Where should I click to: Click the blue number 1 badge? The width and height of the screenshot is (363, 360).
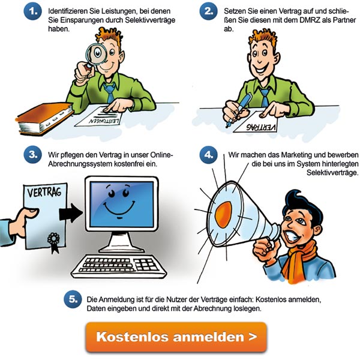click(x=32, y=11)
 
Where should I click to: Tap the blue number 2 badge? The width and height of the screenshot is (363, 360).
click(x=209, y=11)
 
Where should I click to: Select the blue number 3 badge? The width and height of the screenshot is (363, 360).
click(x=32, y=154)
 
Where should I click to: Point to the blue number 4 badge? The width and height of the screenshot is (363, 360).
click(x=209, y=154)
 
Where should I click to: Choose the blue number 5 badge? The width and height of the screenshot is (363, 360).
click(x=73, y=299)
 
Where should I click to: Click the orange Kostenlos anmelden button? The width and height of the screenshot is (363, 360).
click(x=176, y=337)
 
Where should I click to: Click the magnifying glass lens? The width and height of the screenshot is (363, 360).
click(x=97, y=54)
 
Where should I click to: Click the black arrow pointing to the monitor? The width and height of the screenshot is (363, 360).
click(x=71, y=213)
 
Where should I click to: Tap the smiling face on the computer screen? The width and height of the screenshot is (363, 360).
click(x=119, y=202)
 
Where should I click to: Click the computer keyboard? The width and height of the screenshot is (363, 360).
click(x=119, y=266)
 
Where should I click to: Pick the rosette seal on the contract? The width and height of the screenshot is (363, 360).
click(x=54, y=242)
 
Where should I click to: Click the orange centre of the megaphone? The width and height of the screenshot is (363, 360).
click(x=223, y=214)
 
